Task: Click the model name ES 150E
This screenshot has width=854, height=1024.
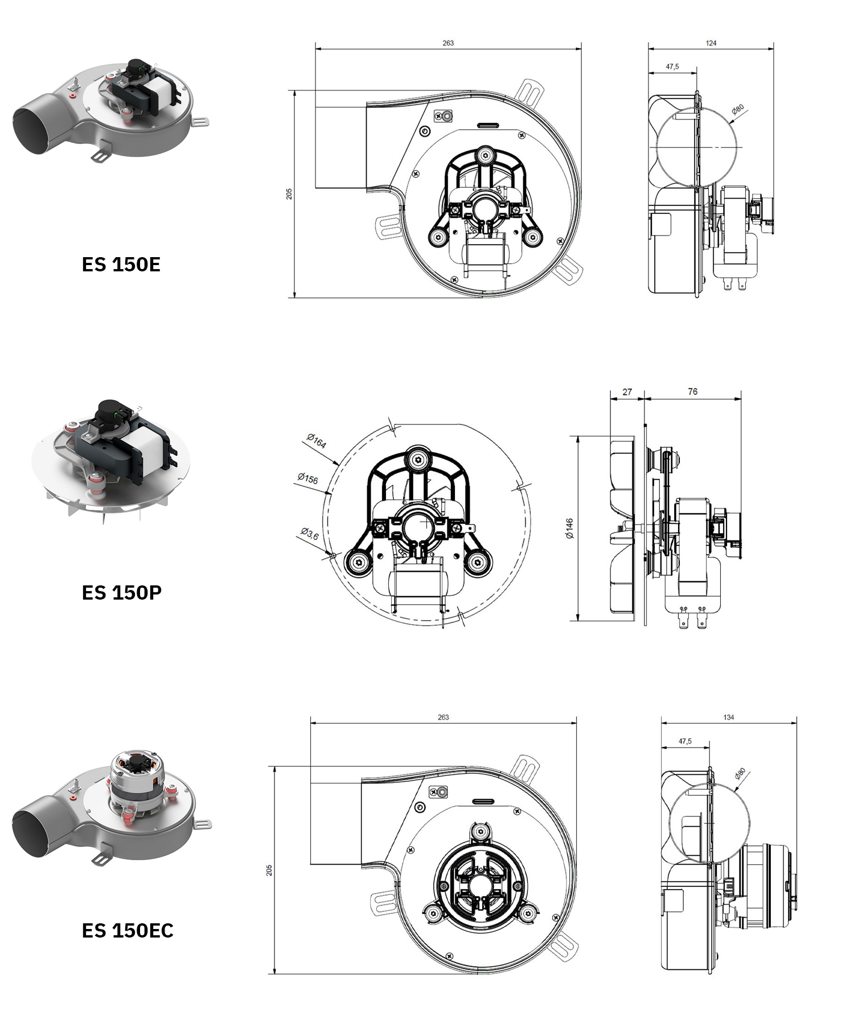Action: point(121,265)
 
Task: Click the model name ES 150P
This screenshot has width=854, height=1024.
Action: point(122,592)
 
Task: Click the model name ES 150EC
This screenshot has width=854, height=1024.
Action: point(128,930)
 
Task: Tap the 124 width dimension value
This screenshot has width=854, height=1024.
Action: point(711,43)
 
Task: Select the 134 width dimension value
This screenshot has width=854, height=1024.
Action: point(729,717)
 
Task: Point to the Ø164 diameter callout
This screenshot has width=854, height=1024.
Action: point(317,441)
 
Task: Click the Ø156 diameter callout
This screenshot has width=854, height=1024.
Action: point(308,478)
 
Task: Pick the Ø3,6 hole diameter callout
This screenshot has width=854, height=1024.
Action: point(310,534)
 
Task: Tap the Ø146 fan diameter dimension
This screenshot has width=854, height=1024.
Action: point(569,528)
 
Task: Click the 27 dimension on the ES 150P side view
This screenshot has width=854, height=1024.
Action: point(627,392)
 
